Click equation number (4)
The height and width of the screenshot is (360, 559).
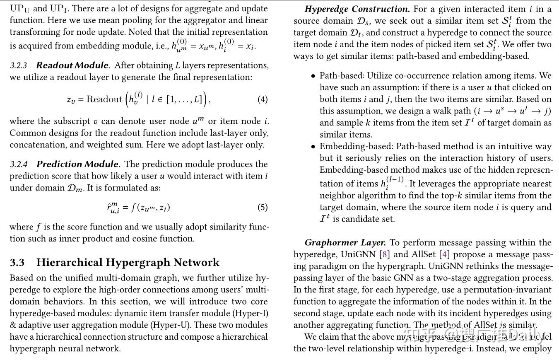(x=263, y=99)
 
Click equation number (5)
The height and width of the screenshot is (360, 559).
(x=263, y=207)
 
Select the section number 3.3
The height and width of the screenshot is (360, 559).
(x=17, y=263)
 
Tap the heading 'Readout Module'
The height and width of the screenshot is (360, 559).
(x=72, y=65)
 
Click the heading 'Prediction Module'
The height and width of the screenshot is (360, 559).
(x=77, y=164)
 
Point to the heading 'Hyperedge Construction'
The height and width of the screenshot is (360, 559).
(x=357, y=9)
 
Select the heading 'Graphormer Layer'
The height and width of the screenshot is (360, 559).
(x=345, y=243)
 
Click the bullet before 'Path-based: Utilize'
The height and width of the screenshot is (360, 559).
(x=313, y=76)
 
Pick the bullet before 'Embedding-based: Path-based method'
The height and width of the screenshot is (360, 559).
(x=313, y=147)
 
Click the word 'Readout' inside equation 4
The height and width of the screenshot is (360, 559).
(x=104, y=99)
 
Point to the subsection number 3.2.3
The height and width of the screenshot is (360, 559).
(x=18, y=66)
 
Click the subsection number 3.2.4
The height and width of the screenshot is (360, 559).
(x=19, y=165)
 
